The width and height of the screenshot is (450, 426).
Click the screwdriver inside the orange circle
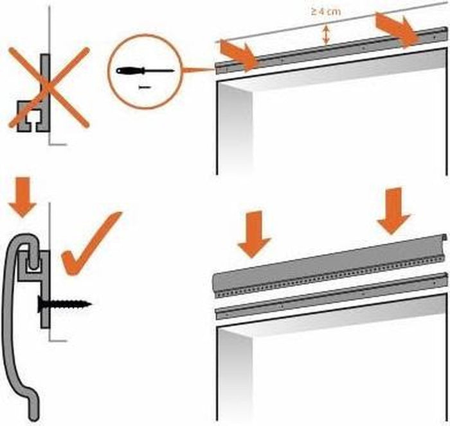pos(145,70)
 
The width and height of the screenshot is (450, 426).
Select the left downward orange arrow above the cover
pos(254,234)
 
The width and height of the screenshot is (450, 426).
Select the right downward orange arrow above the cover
pos(393,210)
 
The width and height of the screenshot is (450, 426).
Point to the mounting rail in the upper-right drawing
pos(321,53)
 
